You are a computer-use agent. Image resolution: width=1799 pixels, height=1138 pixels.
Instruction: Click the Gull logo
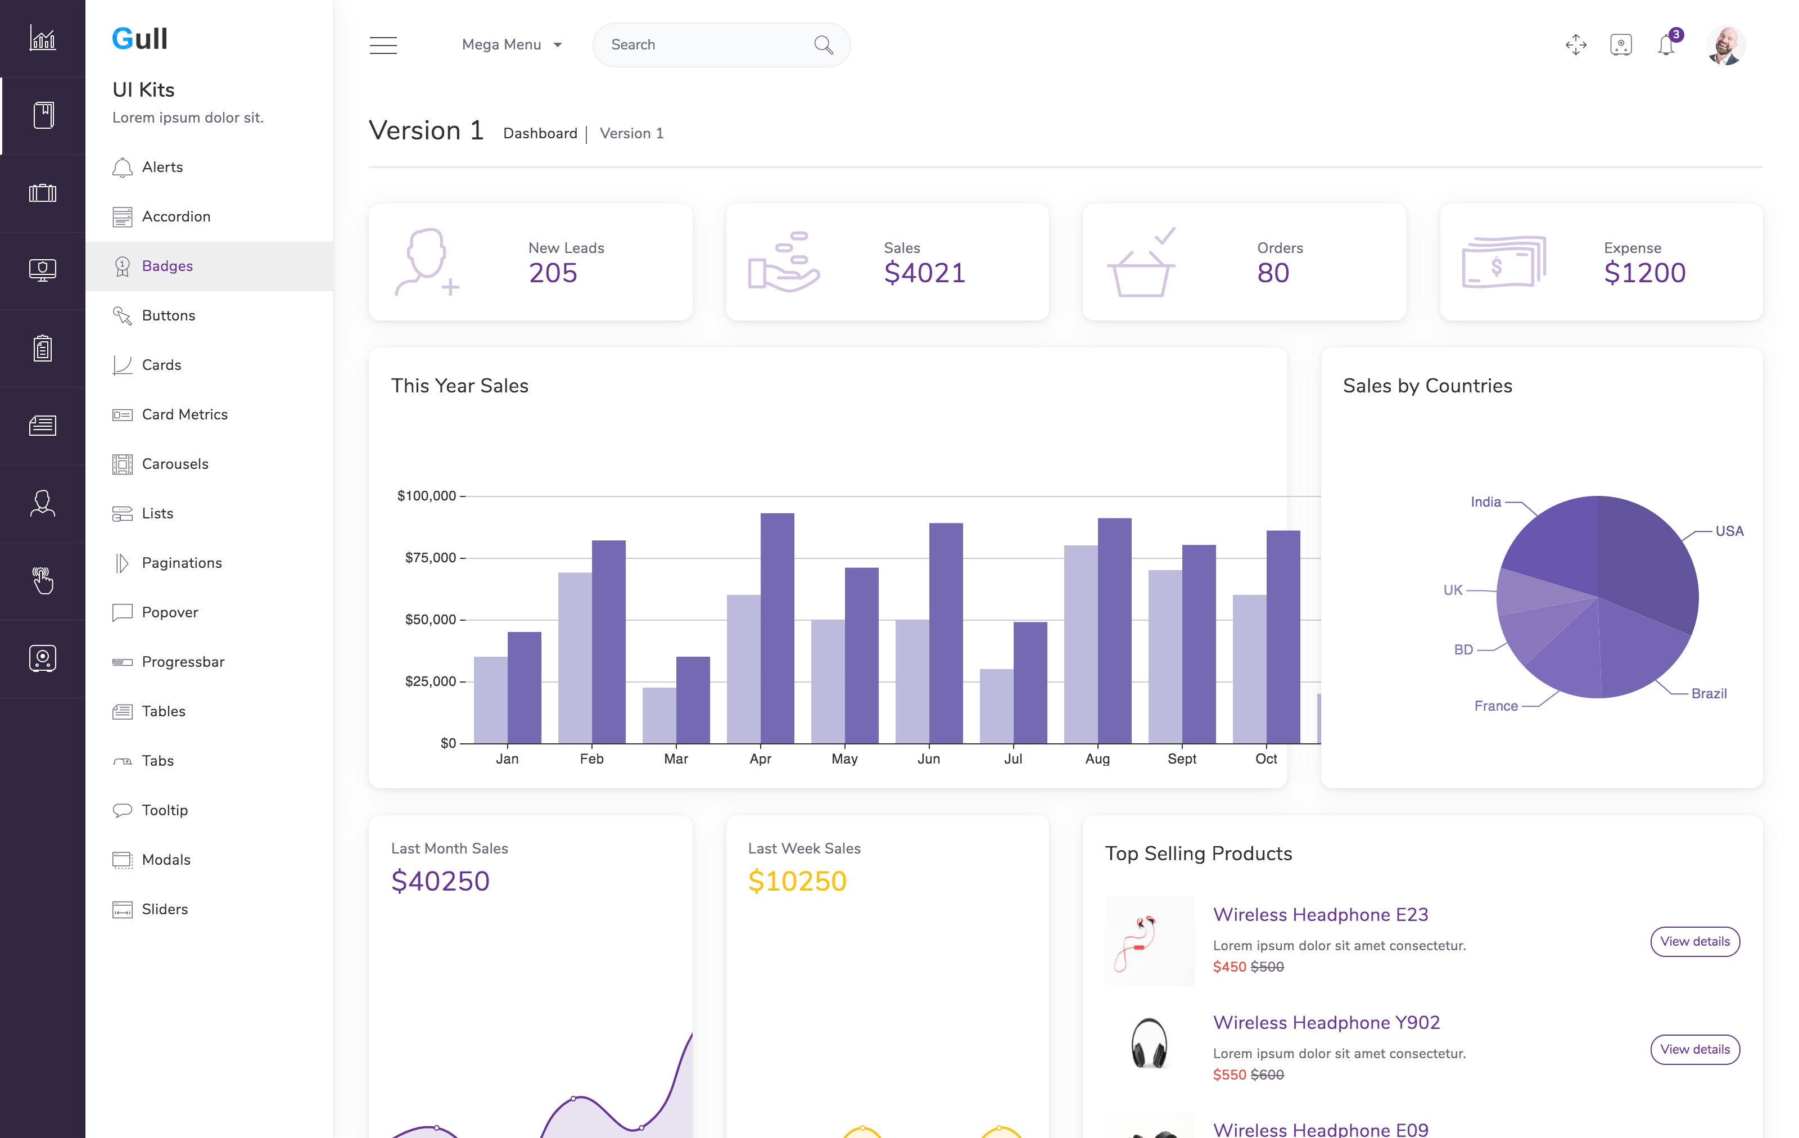click(140, 39)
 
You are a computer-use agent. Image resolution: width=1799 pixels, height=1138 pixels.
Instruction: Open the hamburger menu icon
click(383, 45)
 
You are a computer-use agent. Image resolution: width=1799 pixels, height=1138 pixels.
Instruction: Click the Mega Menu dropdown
click(511, 45)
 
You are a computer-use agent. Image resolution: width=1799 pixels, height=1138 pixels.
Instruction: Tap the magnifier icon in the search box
click(823, 45)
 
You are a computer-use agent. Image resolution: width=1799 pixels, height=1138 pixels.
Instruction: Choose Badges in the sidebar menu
click(168, 266)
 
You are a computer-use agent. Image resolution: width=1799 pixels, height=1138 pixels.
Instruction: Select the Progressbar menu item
click(183, 662)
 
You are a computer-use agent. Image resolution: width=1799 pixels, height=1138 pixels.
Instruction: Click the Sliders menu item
click(165, 909)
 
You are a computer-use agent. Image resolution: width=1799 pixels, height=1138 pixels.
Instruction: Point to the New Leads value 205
click(553, 273)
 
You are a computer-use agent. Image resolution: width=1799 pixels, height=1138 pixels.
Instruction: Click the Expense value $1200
click(1644, 273)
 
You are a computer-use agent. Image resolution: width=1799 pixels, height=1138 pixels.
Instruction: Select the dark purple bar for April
click(777, 627)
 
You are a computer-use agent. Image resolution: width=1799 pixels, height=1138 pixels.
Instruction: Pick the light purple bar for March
click(659, 715)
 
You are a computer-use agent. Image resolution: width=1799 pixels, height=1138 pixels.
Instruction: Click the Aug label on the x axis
click(1097, 759)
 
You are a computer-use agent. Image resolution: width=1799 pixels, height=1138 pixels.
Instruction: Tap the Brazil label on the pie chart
click(1708, 693)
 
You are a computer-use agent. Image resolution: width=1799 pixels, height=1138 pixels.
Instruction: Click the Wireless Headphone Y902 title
click(1326, 1022)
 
